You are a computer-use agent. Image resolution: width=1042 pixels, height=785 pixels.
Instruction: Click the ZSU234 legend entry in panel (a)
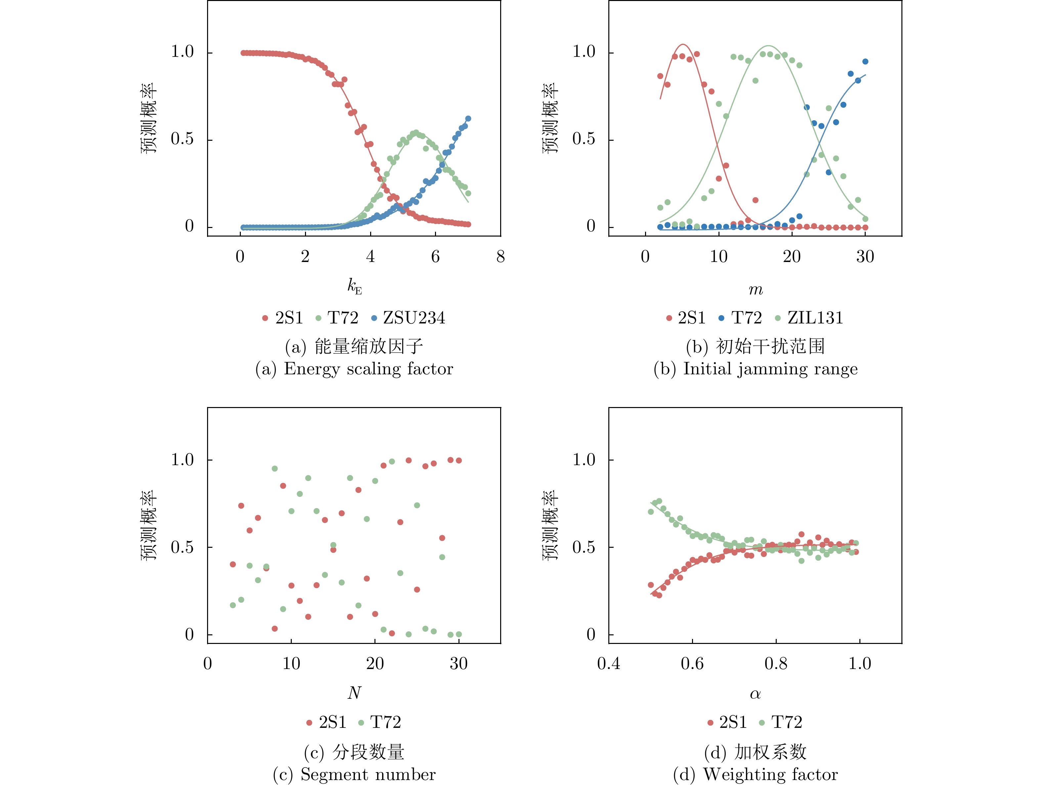tap(413, 318)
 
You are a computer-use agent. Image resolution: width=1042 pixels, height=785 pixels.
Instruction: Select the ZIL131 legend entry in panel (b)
tap(815, 318)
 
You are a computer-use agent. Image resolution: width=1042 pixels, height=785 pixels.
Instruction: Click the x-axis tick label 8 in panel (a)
tap(500, 257)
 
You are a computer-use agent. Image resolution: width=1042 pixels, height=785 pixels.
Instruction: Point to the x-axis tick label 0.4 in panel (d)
tap(609, 664)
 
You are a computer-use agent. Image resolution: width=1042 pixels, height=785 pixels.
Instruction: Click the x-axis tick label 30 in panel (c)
tap(458, 664)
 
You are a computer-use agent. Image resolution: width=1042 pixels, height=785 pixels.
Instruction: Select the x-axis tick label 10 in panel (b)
tap(718, 257)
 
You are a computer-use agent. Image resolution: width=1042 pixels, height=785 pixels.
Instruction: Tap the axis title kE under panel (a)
tap(354, 286)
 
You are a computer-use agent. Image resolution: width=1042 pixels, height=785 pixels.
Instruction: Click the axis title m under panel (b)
tap(756, 289)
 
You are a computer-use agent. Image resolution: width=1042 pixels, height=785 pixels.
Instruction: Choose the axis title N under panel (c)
tap(354, 693)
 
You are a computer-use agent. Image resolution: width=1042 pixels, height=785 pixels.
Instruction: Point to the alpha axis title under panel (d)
tap(755, 694)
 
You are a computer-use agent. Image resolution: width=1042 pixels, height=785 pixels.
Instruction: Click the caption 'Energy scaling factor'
tap(369, 369)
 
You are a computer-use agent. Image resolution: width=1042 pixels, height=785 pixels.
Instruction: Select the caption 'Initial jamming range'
tap(770, 369)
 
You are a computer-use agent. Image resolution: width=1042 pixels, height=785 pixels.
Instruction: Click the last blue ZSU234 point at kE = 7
tap(468, 119)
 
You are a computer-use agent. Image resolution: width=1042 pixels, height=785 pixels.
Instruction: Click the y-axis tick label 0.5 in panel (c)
tap(182, 547)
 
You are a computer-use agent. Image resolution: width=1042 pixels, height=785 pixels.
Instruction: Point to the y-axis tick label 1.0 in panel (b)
tap(584, 52)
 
